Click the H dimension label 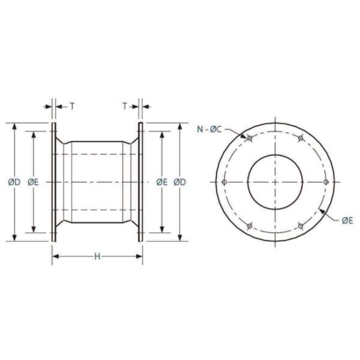97,257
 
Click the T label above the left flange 72,106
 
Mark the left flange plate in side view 53,182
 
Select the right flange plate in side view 141,182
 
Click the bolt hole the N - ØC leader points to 249,138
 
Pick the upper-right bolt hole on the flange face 300,138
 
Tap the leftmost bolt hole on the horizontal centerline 224,182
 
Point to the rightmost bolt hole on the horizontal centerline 325,182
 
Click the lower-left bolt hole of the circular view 249,226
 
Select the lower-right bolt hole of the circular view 300,226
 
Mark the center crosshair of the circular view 275,182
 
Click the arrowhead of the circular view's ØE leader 322,209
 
